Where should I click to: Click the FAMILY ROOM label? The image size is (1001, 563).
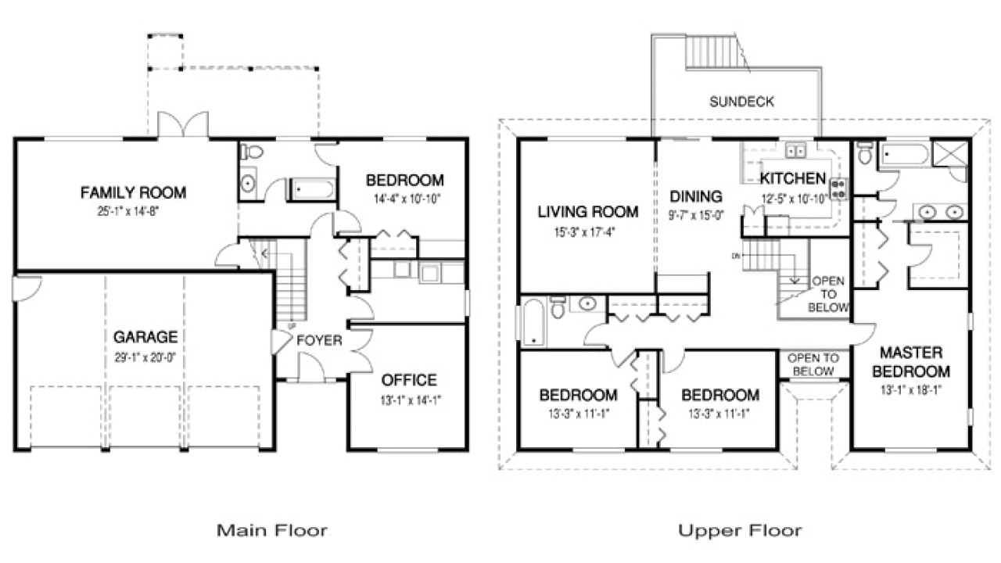[134, 192]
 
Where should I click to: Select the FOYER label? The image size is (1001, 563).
[318, 340]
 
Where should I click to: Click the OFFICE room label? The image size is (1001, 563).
[408, 380]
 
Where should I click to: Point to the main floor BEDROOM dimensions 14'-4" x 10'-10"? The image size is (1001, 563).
[404, 198]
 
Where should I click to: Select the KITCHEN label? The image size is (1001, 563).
[792, 178]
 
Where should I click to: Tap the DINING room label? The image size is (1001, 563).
[695, 196]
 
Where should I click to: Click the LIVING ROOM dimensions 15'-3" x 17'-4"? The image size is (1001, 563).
[587, 231]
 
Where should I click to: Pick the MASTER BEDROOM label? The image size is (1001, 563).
[911, 361]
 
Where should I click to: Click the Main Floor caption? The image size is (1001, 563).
[271, 531]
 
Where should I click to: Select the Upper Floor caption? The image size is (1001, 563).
[739, 531]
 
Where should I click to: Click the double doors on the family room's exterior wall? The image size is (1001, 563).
[183, 125]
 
